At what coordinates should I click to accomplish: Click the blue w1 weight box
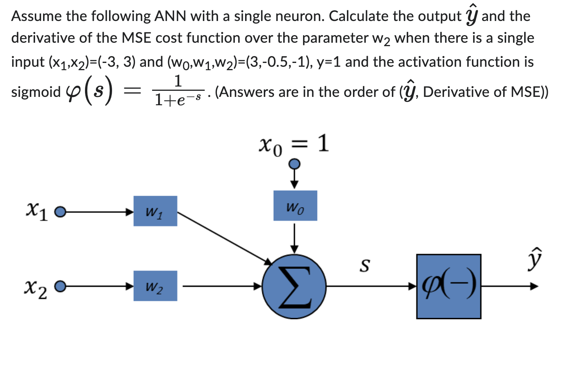point(155,211)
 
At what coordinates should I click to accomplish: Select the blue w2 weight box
point(155,286)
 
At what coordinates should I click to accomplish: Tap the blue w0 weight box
point(295,206)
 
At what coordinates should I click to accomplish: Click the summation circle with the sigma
point(294,286)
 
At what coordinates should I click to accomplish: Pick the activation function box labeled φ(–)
point(448,286)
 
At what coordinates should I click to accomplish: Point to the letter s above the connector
point(364,265)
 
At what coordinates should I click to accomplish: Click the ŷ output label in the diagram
point(534,259)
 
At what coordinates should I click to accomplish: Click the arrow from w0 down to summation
point(294,238)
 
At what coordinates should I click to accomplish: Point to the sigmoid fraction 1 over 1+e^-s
point(178,91)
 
